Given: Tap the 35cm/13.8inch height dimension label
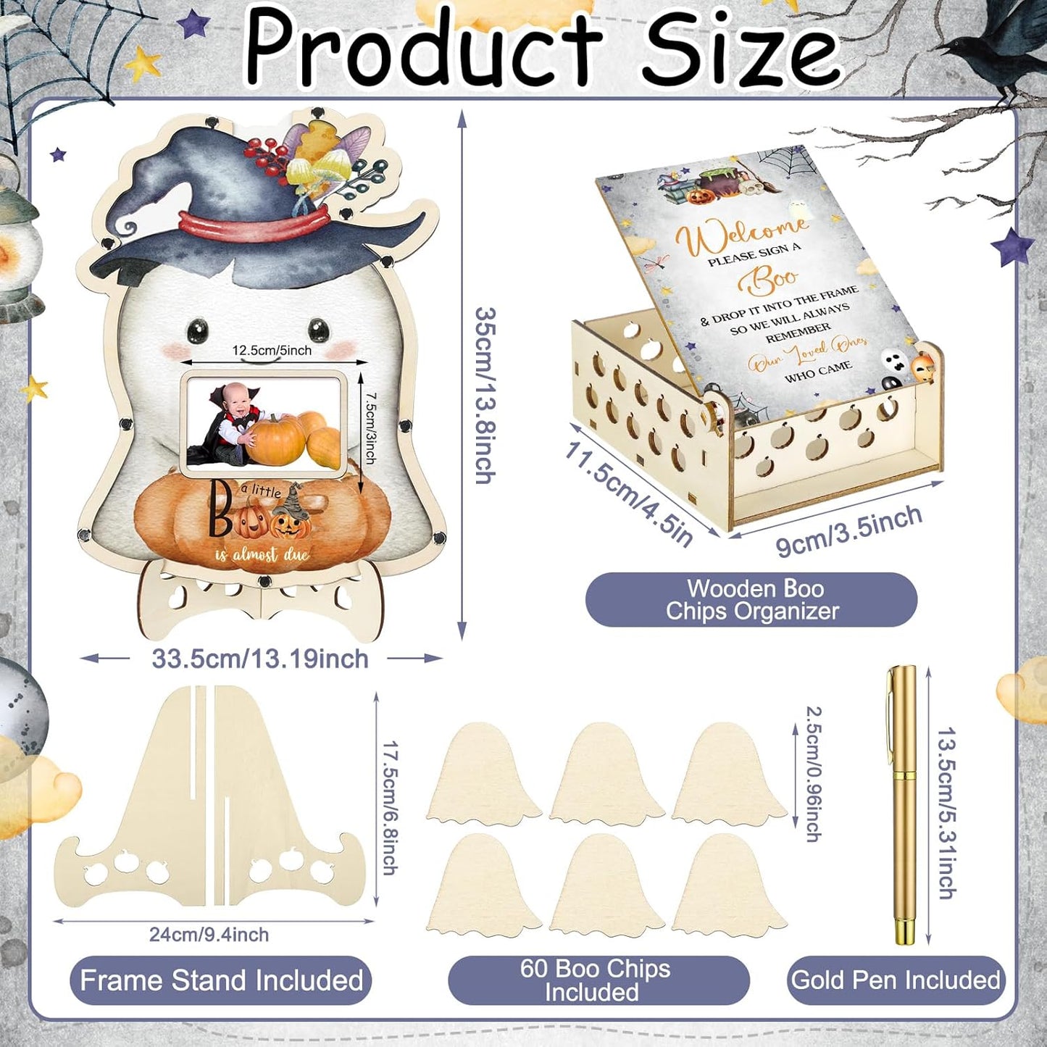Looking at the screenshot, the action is (x=485, y=396).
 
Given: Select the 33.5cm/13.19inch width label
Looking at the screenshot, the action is (x=260, y=659).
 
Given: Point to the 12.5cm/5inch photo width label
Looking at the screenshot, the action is (x=272, y=351).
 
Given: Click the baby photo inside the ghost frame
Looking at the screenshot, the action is (x=264, y=425).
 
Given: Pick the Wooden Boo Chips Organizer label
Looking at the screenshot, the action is (x=752, y=600).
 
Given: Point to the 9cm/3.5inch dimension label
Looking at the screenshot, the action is (x=848, y=532).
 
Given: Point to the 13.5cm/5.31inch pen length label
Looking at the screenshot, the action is (x=946, y=813).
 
